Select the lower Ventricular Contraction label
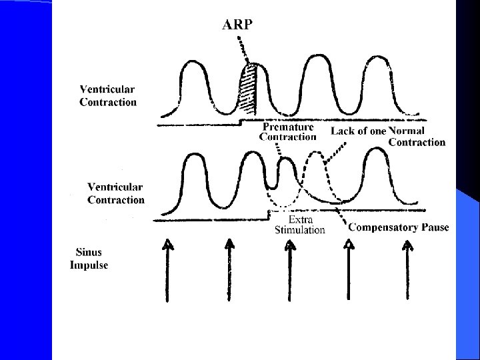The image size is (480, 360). pyautogui.click(x=116, y=194)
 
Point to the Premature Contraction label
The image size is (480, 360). pyautogui.click(x=287, y=132)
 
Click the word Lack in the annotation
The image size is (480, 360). pyautogui.click(x=343, y=131)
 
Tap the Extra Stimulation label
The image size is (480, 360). pyautogui.click(x=300, y=225)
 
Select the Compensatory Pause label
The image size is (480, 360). pyautogui.click(x=399, y=227)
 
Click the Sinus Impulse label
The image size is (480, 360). pyautogui.click(x=89, y=259)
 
